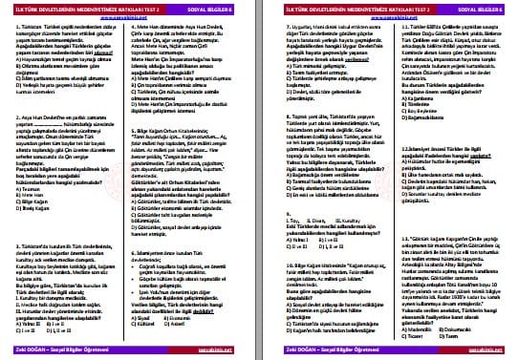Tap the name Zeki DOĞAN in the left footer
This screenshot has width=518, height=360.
(29, 351)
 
